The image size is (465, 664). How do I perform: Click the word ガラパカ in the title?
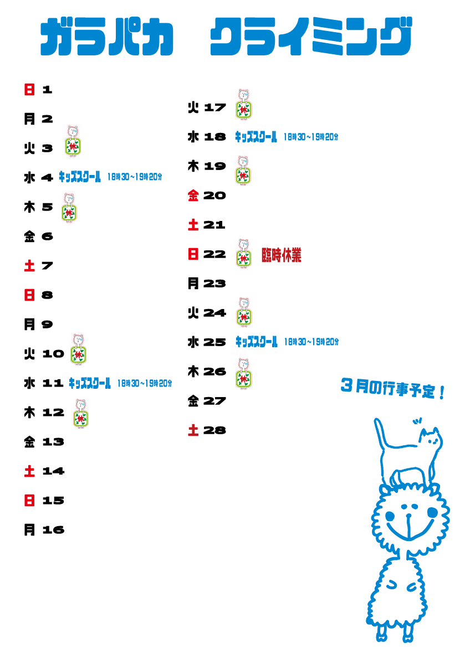pos(107,38)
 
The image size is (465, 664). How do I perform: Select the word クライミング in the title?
pos(311,38)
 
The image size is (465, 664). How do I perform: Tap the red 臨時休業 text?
pos(282,255)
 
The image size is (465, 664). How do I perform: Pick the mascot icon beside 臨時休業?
pos(243,251)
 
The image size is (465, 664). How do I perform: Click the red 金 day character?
pos(193,195)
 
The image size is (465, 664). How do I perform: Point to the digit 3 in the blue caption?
pos(347,386)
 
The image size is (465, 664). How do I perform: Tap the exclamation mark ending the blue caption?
pos(442,394)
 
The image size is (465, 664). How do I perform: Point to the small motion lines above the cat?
pos(417,421)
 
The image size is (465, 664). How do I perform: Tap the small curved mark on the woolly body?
pos(391,584)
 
